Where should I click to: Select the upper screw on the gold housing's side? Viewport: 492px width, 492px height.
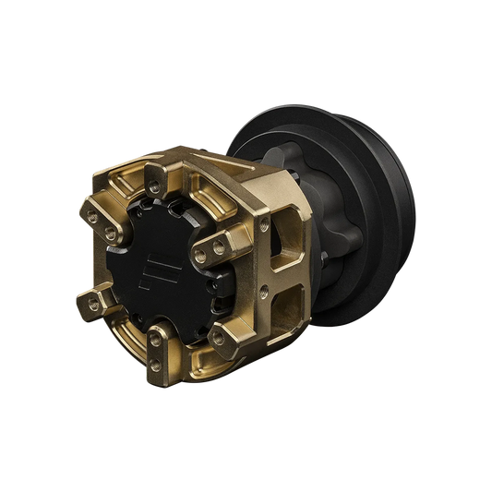[266, 223]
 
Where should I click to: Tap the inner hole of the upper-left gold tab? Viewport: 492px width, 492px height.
[110, 227]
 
